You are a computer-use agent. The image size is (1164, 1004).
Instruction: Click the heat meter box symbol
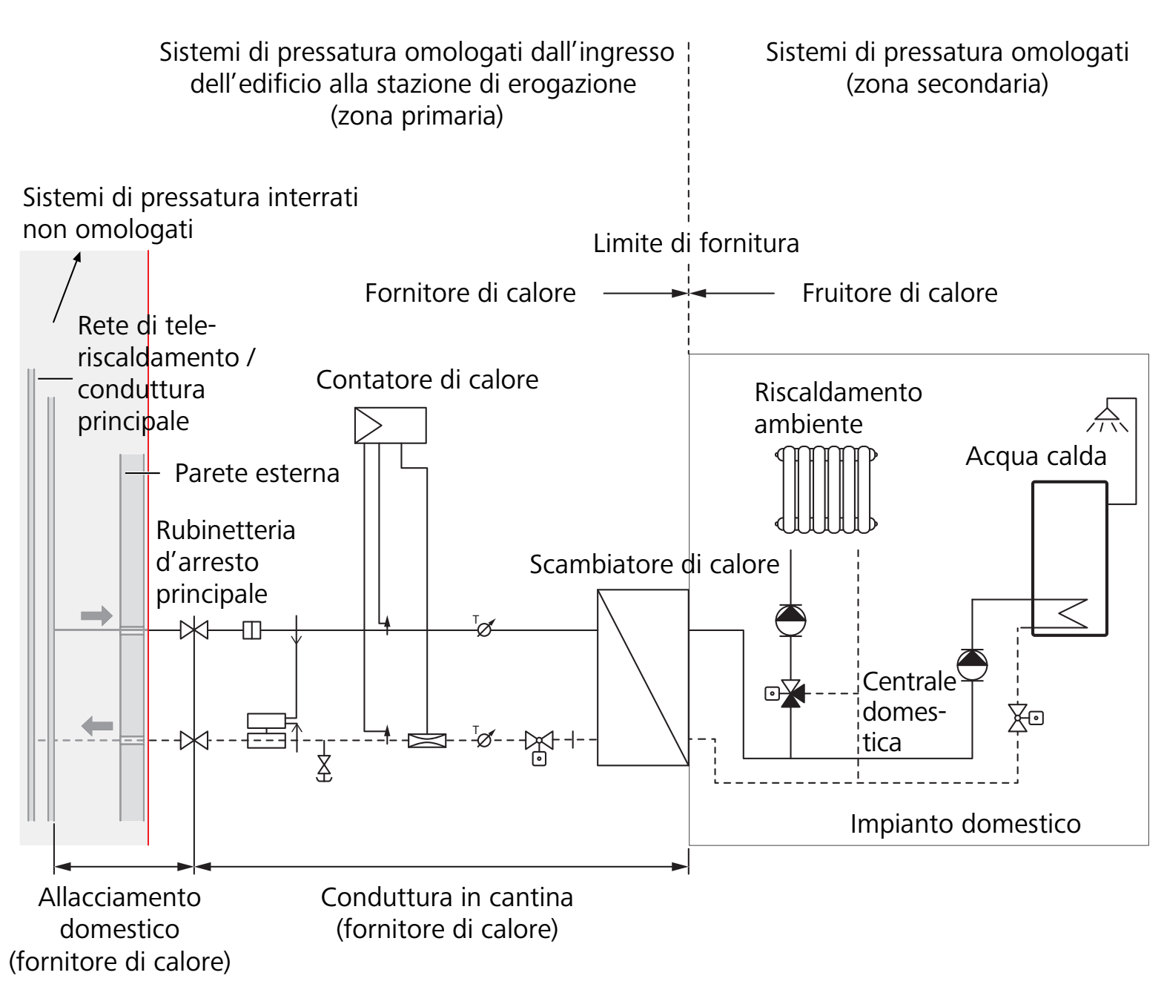point(390,426)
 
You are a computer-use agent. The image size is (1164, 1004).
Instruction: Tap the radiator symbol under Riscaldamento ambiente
point(826,489)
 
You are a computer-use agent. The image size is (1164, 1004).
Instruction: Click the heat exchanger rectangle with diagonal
point(643,677)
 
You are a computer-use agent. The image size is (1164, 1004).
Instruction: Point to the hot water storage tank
point(1069,558)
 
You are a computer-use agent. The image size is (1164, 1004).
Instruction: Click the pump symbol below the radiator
point(790,621)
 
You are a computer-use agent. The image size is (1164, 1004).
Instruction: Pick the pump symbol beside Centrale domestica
point(972,664)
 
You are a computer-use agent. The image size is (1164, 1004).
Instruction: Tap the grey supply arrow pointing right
point(96,615)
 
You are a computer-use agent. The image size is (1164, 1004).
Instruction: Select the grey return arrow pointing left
point(97,725)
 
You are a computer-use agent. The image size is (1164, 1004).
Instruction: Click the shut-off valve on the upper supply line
point(194,630)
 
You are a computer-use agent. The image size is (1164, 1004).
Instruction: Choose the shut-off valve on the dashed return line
point(194,740)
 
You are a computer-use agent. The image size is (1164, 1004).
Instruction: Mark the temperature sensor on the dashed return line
point(483,739)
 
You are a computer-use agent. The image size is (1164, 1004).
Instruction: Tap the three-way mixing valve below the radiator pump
point(790,694)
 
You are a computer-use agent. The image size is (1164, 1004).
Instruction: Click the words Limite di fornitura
point(695,243)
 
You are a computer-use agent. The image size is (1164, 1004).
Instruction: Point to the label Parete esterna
point(257,473)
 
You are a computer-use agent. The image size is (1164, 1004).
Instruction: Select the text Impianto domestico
point(965,824)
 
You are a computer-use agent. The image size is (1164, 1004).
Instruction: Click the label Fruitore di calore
point(899,293)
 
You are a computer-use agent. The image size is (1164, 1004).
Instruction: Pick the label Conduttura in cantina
point(446,897)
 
